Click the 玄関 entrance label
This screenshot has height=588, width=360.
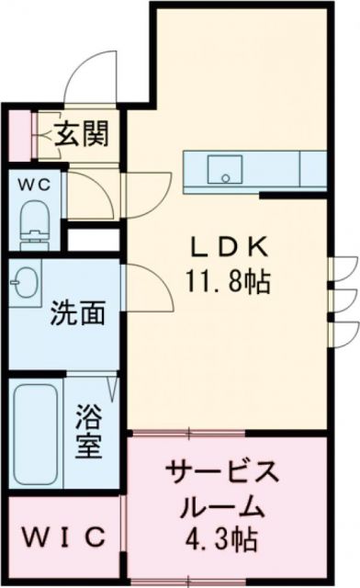tap(80, 135)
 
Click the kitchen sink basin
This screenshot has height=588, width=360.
tap(223, 170)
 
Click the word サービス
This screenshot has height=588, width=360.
tap(220, 475)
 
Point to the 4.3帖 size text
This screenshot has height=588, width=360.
tap(223, 537)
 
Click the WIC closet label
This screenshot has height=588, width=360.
tap(63, 536)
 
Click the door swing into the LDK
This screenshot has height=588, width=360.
tap(147, 286)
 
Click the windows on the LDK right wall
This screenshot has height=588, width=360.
tap(342, 293)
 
